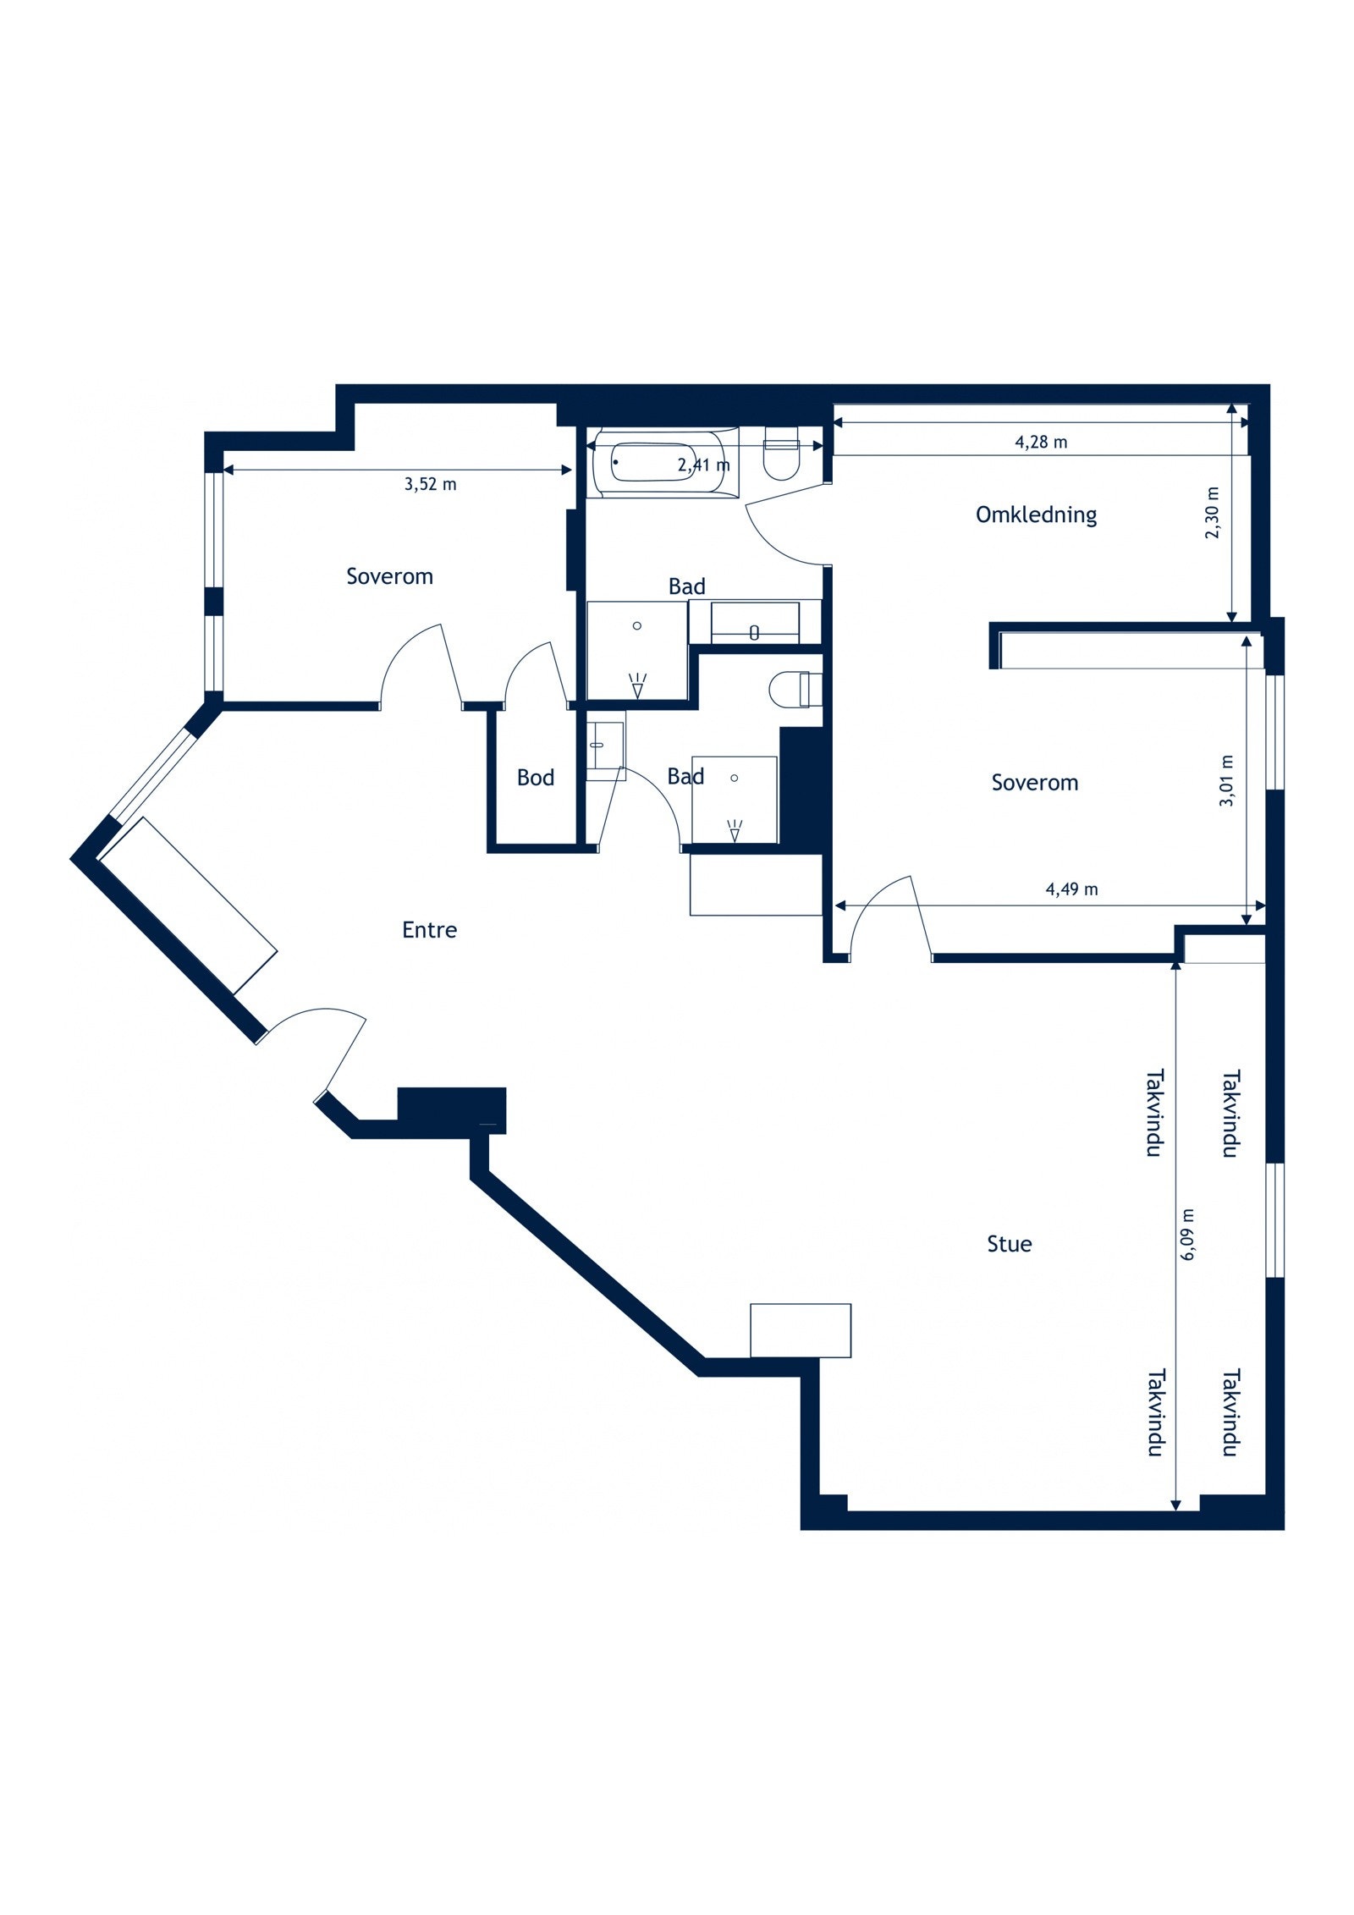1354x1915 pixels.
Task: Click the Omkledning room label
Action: [x=1036, y=515]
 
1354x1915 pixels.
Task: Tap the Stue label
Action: [x=1009, y=1244]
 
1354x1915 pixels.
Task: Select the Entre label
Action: [x=429, y=930]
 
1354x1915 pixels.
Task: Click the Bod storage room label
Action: [x=535, y=778]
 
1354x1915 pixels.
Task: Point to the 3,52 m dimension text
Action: [x=430, y=484]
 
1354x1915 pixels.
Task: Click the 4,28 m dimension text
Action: [x=1040, y=442]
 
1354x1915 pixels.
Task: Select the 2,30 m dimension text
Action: [x=1213, y=513]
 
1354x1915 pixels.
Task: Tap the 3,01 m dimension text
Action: [x=1226, y=780]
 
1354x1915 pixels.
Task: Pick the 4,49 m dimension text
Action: [x=1071, y=889]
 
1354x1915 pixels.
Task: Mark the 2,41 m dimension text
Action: [x=703, y=465]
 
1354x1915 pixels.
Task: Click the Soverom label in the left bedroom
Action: [x=389, y=576]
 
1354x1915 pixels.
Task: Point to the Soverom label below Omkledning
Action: [x=1034, y=783]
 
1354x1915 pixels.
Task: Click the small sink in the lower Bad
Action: [x=606, y=746]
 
